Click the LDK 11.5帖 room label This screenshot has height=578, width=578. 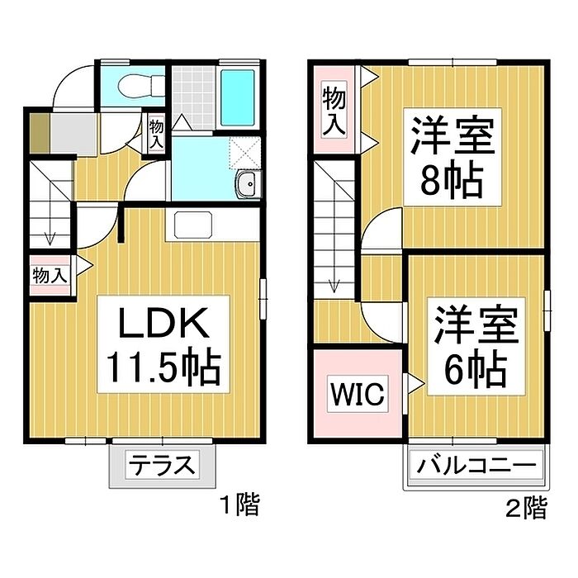(161, 345)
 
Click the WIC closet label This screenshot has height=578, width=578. (358, 395)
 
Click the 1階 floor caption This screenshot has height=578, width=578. (239, 505)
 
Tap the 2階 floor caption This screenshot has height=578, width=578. (525, 506)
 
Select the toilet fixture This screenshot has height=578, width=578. (132, 85)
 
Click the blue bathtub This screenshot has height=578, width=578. (240, 96)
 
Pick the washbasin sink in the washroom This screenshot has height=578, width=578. (246, 185)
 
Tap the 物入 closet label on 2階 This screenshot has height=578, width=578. (334, 111)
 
